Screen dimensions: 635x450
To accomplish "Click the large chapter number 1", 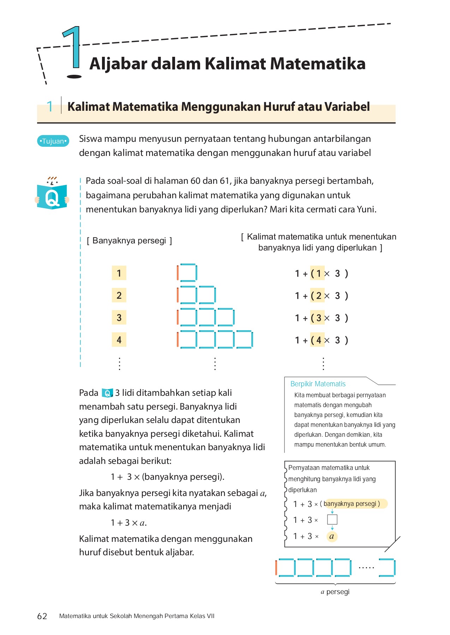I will click(73, 49).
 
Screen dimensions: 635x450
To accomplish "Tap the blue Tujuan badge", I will click(53, 141).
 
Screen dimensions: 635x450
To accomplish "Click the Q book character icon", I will click(52, 195).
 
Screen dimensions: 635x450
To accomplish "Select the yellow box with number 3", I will click(119, 318).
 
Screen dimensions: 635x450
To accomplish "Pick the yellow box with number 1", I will click(119, 273).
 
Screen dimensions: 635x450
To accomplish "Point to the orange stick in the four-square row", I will click(178, 339).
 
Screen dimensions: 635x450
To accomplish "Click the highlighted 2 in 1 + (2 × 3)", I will click(318, 296).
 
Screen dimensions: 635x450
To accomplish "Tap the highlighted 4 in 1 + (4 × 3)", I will click(318, 340).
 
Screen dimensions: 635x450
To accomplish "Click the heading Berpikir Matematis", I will click(318, 384).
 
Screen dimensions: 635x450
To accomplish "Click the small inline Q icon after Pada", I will click(107, 393).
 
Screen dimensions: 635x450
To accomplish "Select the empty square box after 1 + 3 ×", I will click(332, 520).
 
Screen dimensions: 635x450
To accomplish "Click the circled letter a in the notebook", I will click(331, 537).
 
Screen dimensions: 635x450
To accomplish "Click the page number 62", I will click(42, 616).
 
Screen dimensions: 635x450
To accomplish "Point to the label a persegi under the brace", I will click(335, 592).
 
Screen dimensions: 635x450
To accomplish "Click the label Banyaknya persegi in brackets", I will click(129, 241).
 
